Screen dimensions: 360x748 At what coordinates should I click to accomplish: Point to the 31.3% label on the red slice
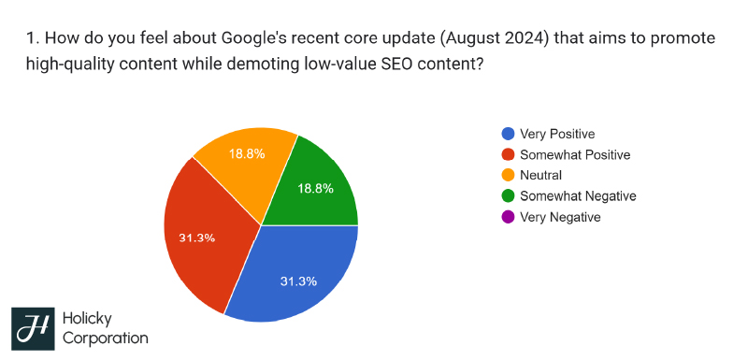(x=197, y=238)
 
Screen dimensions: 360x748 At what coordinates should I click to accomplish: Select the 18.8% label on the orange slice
(x=247, y=153)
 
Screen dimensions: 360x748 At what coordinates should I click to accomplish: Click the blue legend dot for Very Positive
(x=508, y=134)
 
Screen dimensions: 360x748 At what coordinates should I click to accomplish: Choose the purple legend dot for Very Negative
(x=508, y=217)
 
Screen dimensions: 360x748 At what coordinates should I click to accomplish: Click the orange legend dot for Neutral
(x=508, y=175)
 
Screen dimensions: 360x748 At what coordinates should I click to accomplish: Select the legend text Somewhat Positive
(x=575, y=154)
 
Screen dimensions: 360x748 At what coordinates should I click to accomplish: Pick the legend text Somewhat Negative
(x=578, y=196)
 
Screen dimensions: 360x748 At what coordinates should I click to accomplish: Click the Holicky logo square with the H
(x=33, y=328)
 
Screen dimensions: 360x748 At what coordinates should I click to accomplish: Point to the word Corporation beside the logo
(x=105, y=338)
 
